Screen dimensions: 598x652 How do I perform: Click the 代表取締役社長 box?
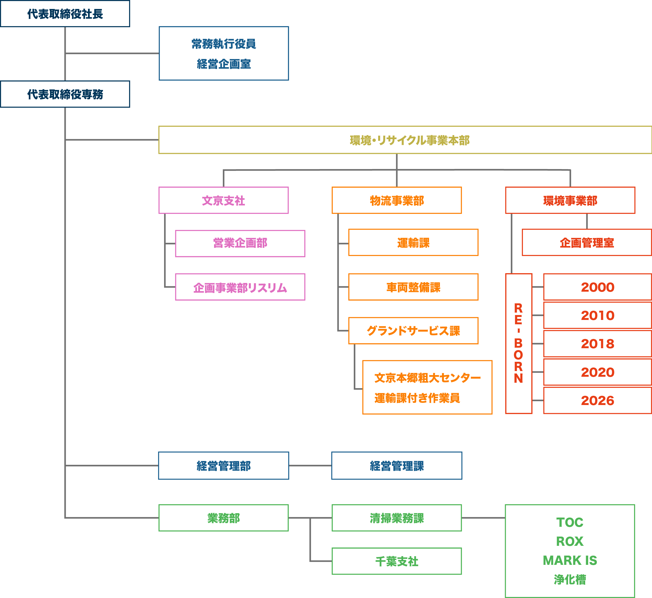(65, 14)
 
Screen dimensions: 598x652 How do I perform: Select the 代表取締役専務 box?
(65, 94)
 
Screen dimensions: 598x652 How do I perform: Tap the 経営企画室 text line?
(224, 64)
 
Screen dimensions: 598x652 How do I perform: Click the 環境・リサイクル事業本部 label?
(409, 140)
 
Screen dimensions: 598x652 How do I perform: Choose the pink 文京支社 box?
(224, 200)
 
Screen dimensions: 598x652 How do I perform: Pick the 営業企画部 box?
(240, 243)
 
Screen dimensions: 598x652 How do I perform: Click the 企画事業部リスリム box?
(240, 287)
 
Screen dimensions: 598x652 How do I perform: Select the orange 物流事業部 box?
(397, 200)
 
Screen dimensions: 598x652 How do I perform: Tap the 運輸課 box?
(413, 243)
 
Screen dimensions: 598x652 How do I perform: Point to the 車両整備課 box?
(413, 287)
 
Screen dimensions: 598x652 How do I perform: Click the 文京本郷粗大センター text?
(428, 378)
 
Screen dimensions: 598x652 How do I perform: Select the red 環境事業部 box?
(570, 200)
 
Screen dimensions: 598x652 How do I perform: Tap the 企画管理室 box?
(587, 243)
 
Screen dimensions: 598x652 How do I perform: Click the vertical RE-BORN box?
(518, 344)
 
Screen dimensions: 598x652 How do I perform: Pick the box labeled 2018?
(597, 344)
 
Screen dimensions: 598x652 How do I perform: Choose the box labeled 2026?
(597, 401)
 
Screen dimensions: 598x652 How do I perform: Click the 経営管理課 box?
(397, 466)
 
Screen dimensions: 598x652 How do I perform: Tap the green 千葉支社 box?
(397, 561)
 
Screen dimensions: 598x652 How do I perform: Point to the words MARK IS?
(570, 560)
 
